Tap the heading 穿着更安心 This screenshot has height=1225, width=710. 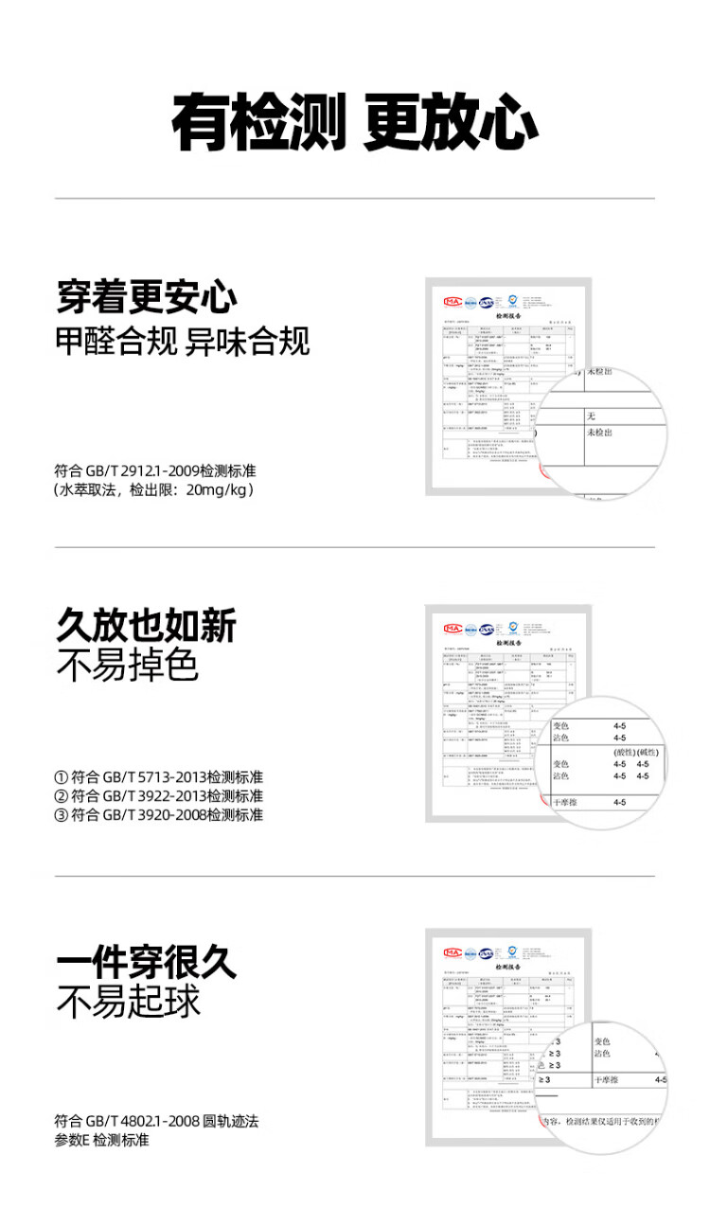147,297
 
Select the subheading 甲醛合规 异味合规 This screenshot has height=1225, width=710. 183,341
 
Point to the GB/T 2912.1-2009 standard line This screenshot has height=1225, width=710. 155,470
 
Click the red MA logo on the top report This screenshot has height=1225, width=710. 453,302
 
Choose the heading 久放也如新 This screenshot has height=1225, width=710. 147,626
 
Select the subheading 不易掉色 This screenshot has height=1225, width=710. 128,666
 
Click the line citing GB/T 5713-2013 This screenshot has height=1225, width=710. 159,777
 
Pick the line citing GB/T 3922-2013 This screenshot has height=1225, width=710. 159,796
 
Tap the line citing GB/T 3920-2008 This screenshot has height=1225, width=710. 159,815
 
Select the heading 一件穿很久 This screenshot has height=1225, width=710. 147,963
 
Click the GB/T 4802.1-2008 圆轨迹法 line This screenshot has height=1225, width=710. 156,1122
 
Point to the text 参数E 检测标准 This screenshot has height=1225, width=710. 102,1141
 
